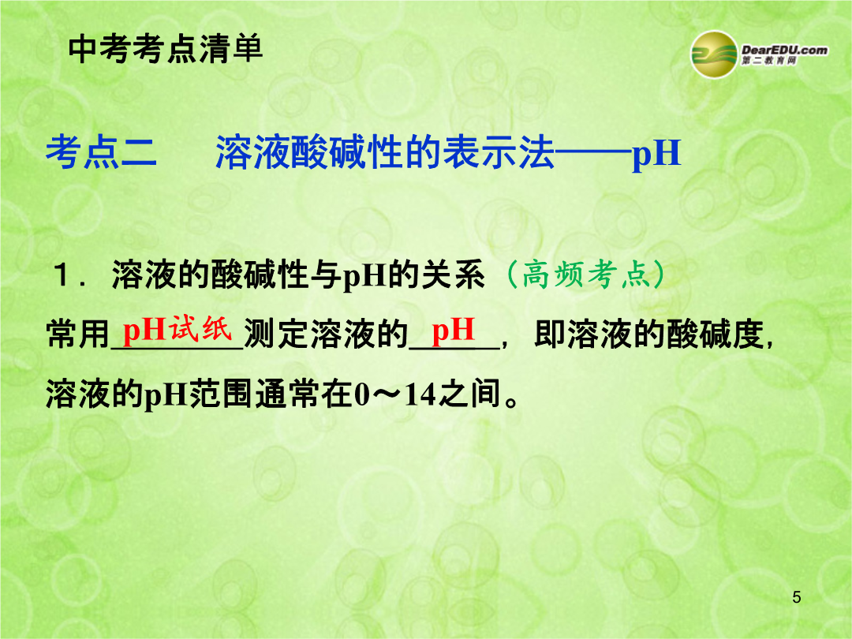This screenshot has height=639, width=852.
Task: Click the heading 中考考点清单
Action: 166,48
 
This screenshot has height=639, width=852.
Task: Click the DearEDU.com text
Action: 785,50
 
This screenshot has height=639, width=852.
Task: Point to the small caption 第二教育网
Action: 769,61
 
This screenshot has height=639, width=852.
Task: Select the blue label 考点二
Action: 101,151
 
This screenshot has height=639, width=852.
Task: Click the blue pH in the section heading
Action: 656,154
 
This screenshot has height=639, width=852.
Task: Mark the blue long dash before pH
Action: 592,153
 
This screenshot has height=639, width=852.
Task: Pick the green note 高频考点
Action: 585,274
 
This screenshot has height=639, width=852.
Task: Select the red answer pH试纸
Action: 177,329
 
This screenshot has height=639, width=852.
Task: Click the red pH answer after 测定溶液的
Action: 453,331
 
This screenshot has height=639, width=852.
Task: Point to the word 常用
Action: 78,334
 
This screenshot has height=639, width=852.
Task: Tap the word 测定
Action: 277,334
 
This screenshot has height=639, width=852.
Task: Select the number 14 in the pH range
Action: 420,394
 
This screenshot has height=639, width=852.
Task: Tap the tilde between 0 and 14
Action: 387,395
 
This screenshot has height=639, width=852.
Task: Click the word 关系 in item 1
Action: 453,275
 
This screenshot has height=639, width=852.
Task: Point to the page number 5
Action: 797,597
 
